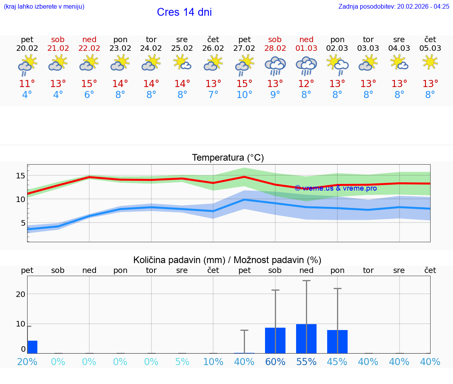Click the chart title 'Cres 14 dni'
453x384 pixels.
click(184, 12)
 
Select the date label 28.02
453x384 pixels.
click(275, 48)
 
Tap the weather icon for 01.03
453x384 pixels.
click(306, 66)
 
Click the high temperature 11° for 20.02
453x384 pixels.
click(27, 84)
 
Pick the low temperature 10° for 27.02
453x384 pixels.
click(244, 95)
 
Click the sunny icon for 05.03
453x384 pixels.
click(430, 62)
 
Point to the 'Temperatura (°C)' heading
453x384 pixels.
click(228, 158)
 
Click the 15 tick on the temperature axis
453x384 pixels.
click(20, 176)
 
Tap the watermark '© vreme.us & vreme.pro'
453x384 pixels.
click(335, 188)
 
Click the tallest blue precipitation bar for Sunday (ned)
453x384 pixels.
click(306, 339)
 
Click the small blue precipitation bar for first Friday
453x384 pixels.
click(32, 347)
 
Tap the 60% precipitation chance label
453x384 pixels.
click(275, 362)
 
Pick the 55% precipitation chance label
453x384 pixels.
click(306, 362)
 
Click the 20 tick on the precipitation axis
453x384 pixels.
click(20, 294)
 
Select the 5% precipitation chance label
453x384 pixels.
click(182, 362)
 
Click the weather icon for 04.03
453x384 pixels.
click(399, 63)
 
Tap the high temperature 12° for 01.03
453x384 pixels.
click(306, 84)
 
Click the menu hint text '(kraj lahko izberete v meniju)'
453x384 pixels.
click(44, 6)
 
